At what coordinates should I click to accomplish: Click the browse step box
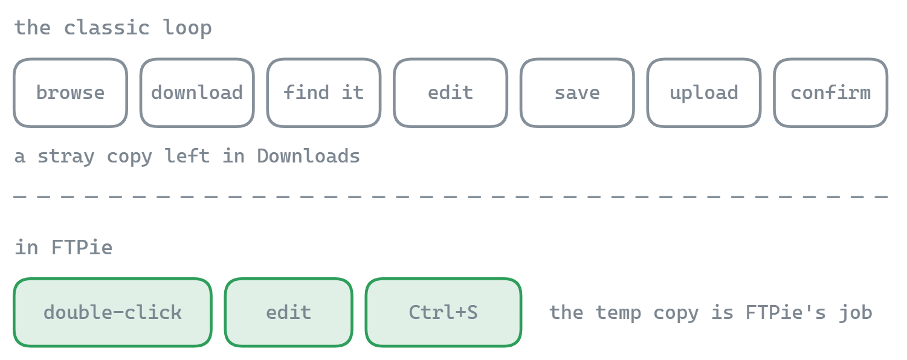71,93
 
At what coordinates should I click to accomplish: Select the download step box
197,93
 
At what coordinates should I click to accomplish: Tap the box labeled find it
324,93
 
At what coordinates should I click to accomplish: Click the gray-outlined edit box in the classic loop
451,93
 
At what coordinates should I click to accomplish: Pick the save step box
578,93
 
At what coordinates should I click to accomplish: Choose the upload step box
704,93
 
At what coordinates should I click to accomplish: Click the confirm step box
831,93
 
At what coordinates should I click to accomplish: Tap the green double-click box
112,312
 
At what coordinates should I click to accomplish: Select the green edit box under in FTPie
289,312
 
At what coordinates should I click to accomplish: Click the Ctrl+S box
444,312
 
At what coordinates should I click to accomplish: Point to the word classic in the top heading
107,28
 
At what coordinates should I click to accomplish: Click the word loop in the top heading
187,28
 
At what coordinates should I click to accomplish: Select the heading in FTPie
63,247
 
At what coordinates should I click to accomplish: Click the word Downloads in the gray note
309,156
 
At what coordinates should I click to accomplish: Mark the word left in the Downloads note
187,156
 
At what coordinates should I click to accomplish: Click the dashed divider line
451,197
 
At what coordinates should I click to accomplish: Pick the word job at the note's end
856,313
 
